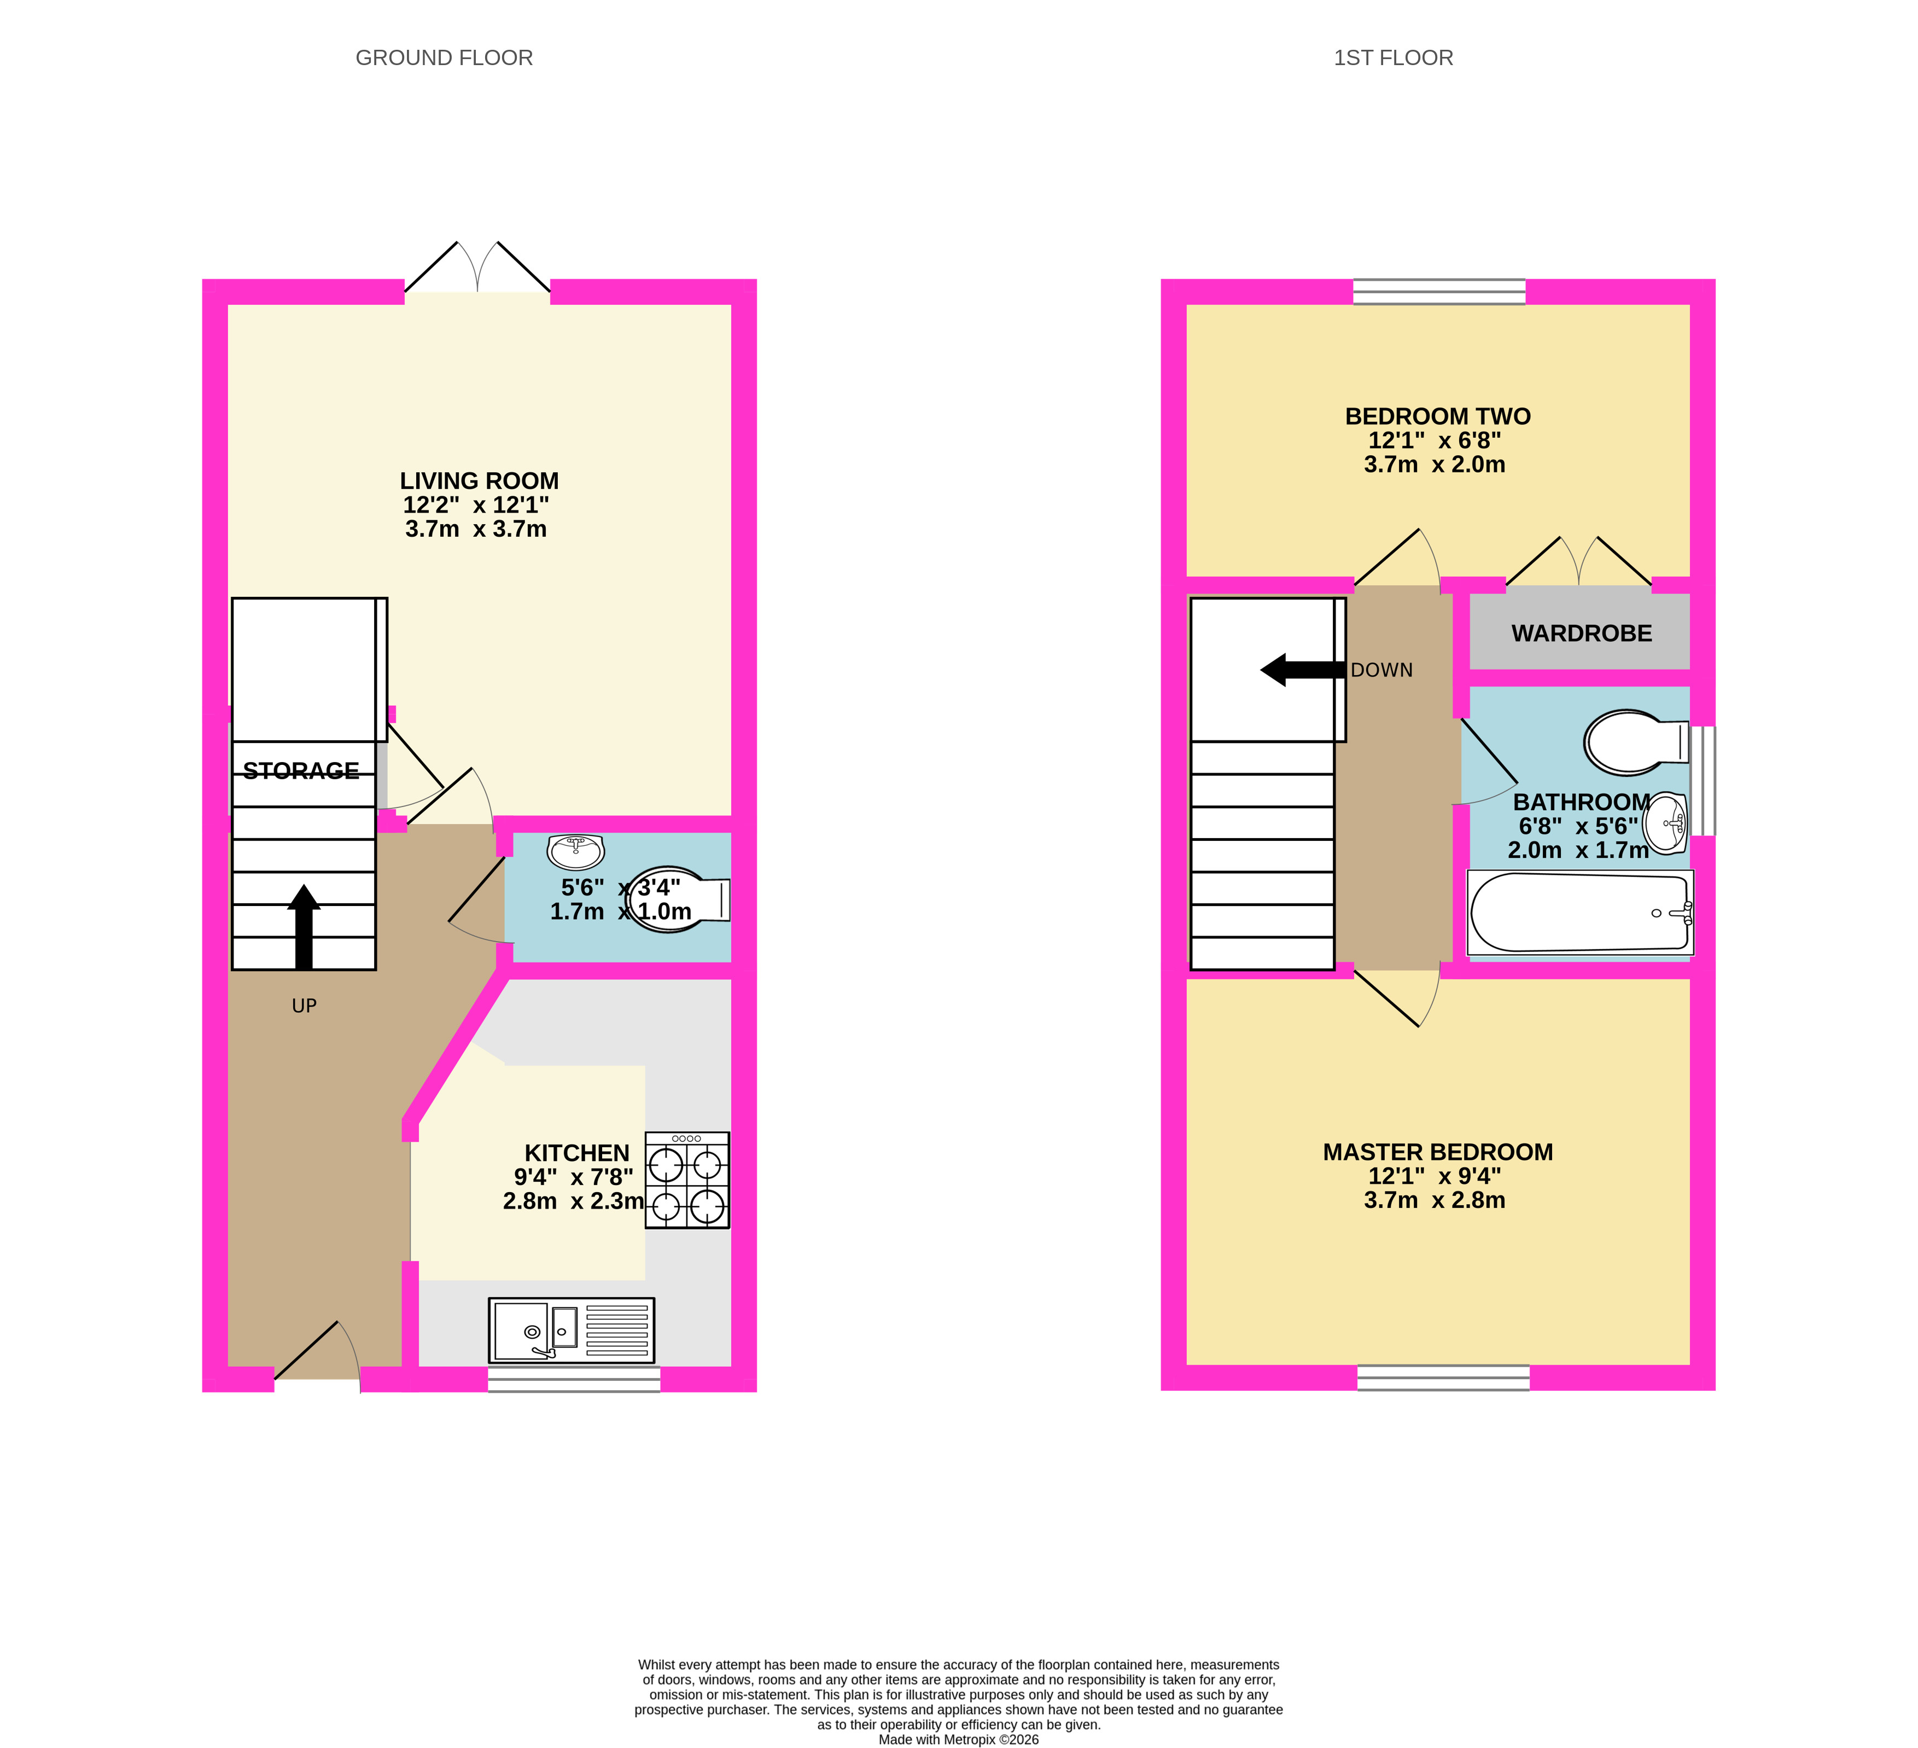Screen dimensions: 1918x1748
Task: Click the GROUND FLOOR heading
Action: point(444,58)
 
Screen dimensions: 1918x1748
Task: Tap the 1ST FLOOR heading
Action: point(1393,58)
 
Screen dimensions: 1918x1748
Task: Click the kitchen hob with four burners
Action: point(687,1180)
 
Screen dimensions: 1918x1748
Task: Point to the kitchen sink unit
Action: point(571,1330)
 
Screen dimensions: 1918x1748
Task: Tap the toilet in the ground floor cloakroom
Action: point(678,899)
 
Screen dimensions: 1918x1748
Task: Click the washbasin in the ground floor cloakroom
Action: point(575,852)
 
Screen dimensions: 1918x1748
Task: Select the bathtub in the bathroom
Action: point(1580,911)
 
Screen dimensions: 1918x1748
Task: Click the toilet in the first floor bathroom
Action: point(1636,742)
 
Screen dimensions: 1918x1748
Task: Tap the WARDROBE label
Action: point(1581,634)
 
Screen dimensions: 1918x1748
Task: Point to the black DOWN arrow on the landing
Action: point(1302,670)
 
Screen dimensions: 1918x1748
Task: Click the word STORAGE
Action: point(301,771)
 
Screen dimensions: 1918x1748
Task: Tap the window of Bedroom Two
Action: point(1438,291)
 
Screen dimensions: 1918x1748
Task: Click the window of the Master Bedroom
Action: point(1443,1378)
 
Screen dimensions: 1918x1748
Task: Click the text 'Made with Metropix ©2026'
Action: point(958,1739)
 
